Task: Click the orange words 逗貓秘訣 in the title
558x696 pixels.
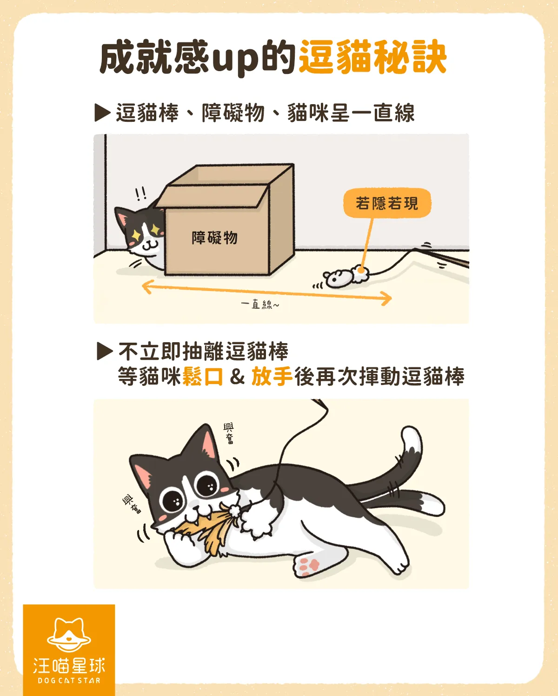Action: point(372,57)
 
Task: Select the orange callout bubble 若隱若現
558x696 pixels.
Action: point(387,203)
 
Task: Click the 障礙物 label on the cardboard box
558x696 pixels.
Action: point(215,238)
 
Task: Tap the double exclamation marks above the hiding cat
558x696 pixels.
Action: point(140,194)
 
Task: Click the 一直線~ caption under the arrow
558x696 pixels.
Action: point(260,305)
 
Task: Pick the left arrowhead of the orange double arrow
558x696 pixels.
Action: point(146,287)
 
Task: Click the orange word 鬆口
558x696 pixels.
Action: point(203,376)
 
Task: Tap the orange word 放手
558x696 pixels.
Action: point(272,376)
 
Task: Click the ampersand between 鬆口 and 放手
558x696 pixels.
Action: point(237,377)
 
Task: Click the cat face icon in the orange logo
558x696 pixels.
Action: point(69,635)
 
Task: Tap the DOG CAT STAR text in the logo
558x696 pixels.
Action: point(69,681)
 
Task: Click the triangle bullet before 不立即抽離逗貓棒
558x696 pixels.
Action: point(105,351)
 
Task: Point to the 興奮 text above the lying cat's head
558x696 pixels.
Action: point(229,433)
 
